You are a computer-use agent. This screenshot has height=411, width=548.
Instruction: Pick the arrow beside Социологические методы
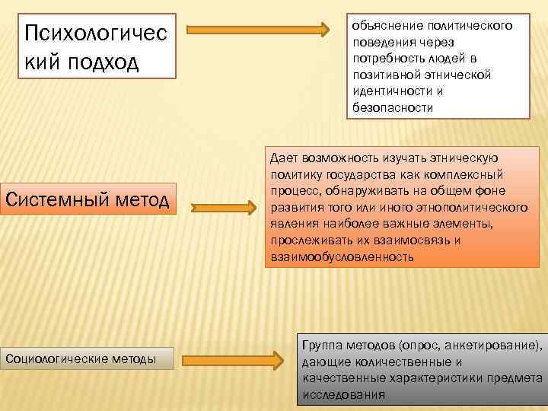pos(232,358)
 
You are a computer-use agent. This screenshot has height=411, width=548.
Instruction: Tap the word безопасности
pos(393,108)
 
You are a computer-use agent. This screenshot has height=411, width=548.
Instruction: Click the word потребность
pos(386,59)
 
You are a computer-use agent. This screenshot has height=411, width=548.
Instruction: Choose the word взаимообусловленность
pos(342,257)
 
